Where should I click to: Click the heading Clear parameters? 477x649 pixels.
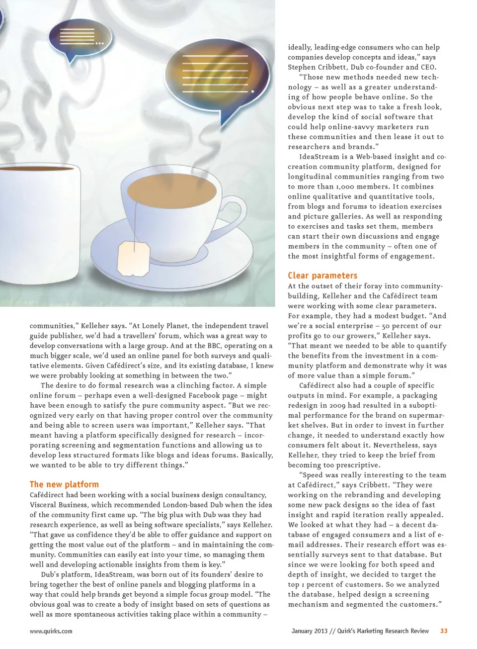[x=322, y=276]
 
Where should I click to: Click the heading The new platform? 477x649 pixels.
[x=64, y=484]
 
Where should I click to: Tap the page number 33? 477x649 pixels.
[x=444, y=631]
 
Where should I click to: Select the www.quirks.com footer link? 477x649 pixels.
[x=51, y=631]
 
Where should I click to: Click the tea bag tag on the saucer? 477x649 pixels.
[x=133, y=258]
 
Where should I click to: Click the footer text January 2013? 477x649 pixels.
[x=309, y=631]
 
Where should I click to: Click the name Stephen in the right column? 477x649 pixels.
[x=302, y=67]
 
